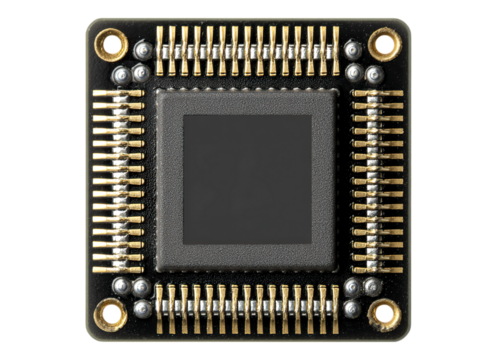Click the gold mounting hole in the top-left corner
[x=111, y=43]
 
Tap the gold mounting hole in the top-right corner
[x=383, y=42]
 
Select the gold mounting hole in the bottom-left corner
[x=110, y=314]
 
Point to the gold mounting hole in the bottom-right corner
[x=383, y=314]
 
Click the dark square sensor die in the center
[x=247, y=179]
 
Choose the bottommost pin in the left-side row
[x=118, y=265]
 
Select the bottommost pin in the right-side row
[x=378, y=265]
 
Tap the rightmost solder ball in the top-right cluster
[x=374, y=75]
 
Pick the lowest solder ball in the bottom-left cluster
[x=142, y=309]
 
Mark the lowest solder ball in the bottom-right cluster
[x=353, y=309]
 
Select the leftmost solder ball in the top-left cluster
[x=121, y=75]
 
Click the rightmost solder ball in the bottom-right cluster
[x=373, y=287]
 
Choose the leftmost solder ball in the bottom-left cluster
[x=121, y=287]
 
